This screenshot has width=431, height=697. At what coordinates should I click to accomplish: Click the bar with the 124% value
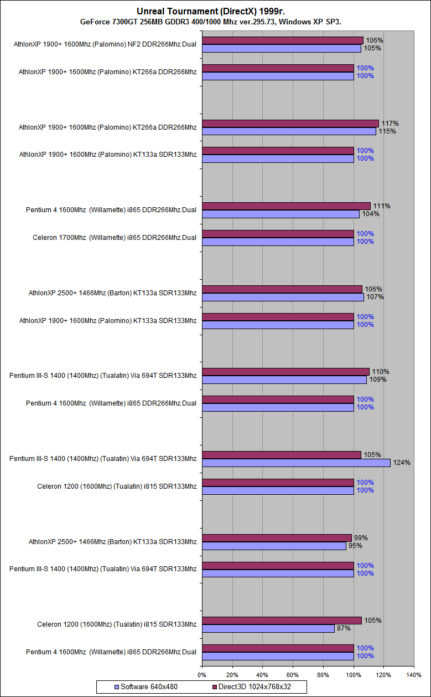click(296, 463)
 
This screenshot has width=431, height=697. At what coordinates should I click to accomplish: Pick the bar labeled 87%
click(268, 628)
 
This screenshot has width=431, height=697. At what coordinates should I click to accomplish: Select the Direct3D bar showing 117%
click(290, 124)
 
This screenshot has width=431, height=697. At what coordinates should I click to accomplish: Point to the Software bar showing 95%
click(274, 546)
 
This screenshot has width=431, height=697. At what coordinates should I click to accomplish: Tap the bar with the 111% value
click(285, 206)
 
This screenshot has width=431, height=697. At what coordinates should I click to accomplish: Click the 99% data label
click(360, 537)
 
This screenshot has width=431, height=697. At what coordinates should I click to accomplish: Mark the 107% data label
click(375, 297)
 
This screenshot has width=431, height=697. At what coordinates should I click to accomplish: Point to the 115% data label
click(387, 131)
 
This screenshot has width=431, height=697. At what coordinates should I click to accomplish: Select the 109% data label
click(378, 380)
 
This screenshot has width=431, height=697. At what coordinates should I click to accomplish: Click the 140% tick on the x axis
click(414, 674)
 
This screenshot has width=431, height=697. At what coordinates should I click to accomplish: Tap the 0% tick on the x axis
click(202, 674)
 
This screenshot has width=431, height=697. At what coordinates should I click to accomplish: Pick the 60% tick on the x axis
click(293, 674)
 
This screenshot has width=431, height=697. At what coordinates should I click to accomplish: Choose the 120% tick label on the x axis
click(383, 674)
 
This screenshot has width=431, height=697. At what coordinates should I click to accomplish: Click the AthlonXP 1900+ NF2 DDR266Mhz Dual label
click(105, 44)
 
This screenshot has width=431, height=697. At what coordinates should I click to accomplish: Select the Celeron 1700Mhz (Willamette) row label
click(115, 238)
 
